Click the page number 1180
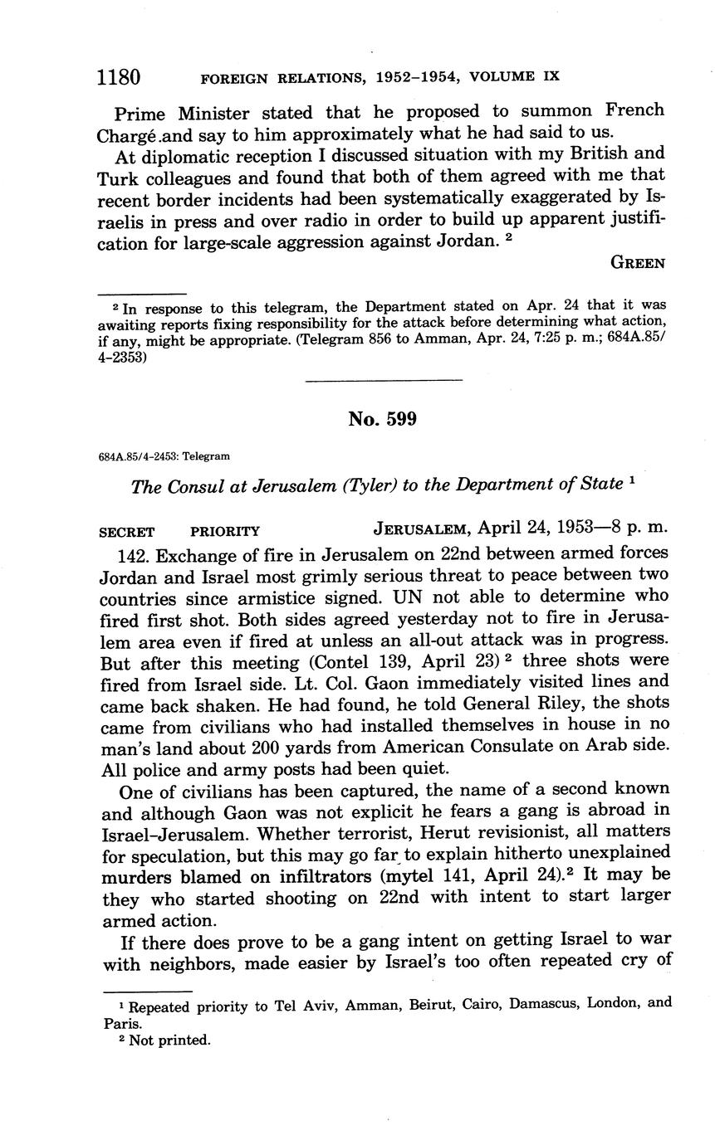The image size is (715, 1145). [x=119, y=77]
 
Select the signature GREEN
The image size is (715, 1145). [x=638, y=263]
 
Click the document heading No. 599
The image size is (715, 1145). [x=382, y=419]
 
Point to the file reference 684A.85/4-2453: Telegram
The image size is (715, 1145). [x=164, y=456]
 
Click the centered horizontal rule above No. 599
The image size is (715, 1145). [x=384, y=381]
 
